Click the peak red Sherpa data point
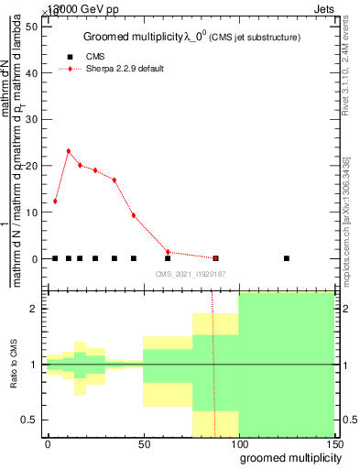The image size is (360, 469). (x=69, y=151)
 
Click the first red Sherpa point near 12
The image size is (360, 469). (x=55, y=201)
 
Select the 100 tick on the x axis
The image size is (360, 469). (x=238, y=444)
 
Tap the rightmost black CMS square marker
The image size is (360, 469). (x=287, y=258)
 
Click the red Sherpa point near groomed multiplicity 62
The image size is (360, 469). (x=168, y=252)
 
